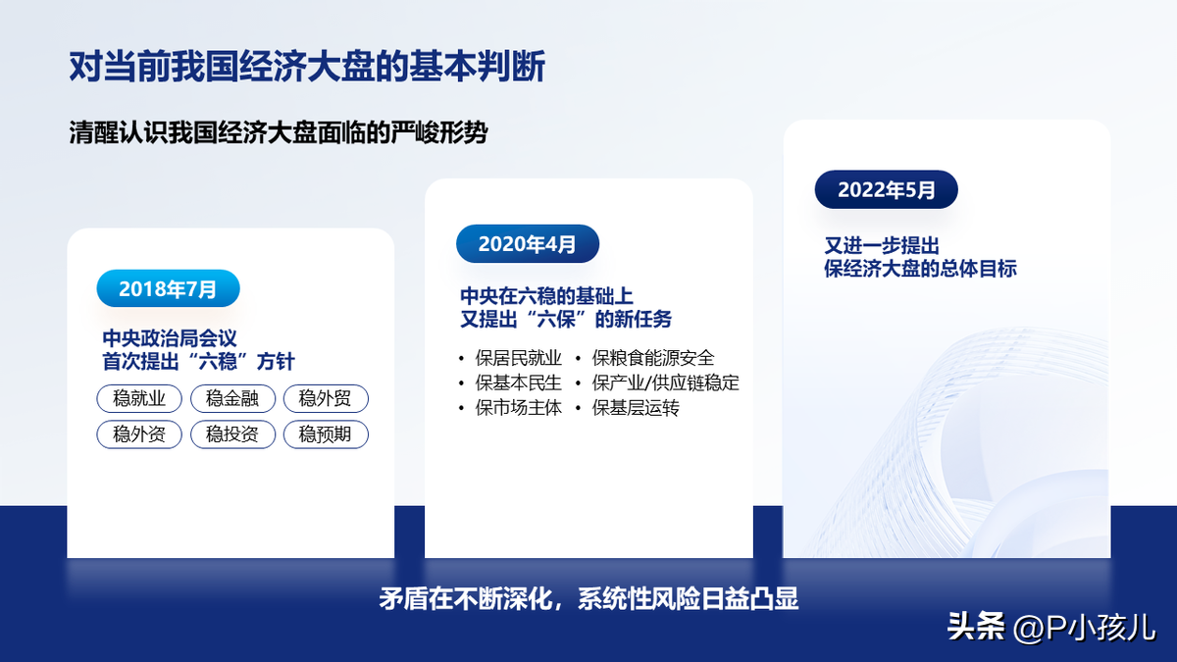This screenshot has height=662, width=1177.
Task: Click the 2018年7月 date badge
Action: [168, 288]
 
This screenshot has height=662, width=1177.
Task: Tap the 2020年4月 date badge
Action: [528, 244]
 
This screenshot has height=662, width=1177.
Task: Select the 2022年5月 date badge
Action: [887, 189]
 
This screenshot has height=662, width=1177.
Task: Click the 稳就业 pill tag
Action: [139, 398]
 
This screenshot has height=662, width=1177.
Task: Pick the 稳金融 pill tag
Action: [232, 398]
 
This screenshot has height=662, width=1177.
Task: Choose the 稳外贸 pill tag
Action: [326, 398]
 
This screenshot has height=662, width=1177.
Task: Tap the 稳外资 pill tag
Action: [139, 434]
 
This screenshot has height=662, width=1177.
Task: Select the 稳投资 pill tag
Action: [232, 434]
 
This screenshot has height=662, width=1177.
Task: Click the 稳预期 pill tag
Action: [326, 434]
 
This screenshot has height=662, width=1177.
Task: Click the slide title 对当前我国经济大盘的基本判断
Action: [307, 67]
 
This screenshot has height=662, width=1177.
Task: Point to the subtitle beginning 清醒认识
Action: [279, 132]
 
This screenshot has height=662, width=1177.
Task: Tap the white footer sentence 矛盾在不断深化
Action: [588, 598]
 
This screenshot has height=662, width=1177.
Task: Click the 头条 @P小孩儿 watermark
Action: [1051, 628]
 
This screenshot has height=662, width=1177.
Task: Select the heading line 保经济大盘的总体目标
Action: [920, 269]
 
